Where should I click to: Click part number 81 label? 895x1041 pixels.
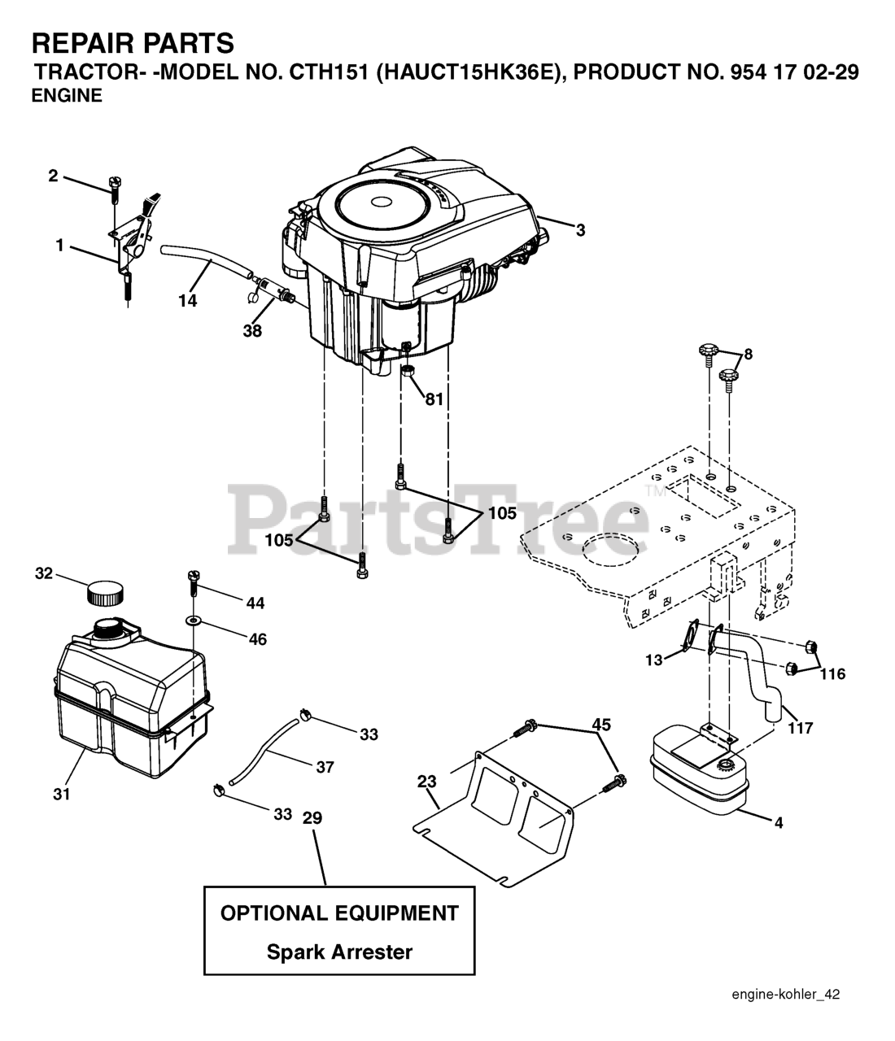click(x=434, y=399)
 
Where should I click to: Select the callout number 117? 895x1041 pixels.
click(x=801, y=728)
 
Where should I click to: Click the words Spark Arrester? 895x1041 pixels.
click(x=339, y=952)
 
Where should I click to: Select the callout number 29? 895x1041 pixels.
click(x=312, y=818)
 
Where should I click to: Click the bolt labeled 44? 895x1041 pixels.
click(x=194, y=583)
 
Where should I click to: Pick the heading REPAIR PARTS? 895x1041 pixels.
click(x=133, y=42)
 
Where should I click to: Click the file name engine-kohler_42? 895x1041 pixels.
click(x=785, y=994)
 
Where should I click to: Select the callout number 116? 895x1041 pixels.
click(x=832, y=673)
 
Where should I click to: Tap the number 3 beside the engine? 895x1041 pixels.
click(x=580, y=230)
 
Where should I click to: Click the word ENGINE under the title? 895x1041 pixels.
click(x=67, y=96)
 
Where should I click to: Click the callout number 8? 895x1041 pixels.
click(x=748, y=354)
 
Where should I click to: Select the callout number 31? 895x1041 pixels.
click(x=62, y=794)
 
